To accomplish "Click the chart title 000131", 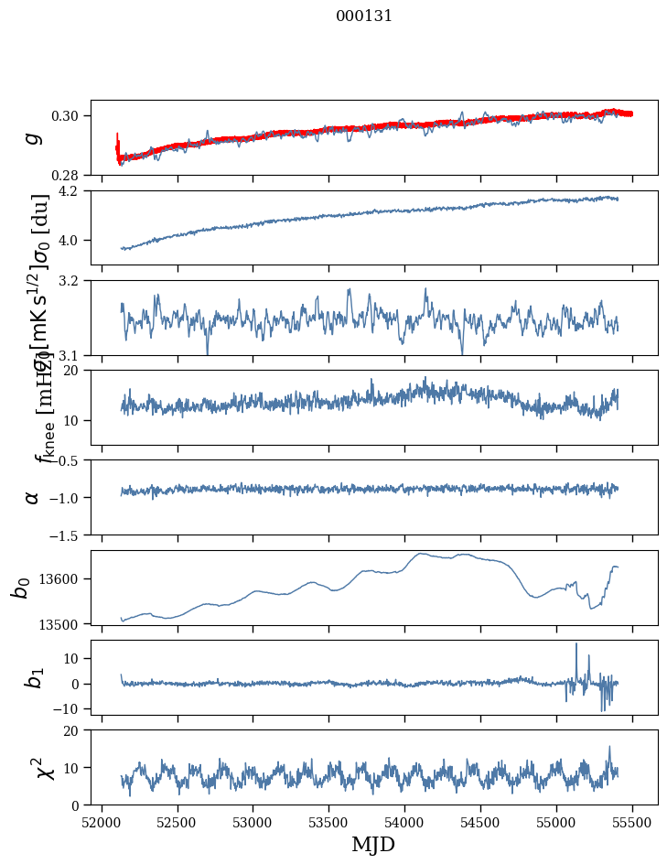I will click(364, 16).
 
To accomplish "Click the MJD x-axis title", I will click(373, 844).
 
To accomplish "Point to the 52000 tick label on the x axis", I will click(102, 820).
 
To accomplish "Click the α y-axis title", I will click(32, 497).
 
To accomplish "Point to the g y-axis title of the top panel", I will click(32, 137).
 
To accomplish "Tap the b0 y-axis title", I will click(20, 588).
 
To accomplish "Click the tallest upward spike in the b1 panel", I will click(576, 644).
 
